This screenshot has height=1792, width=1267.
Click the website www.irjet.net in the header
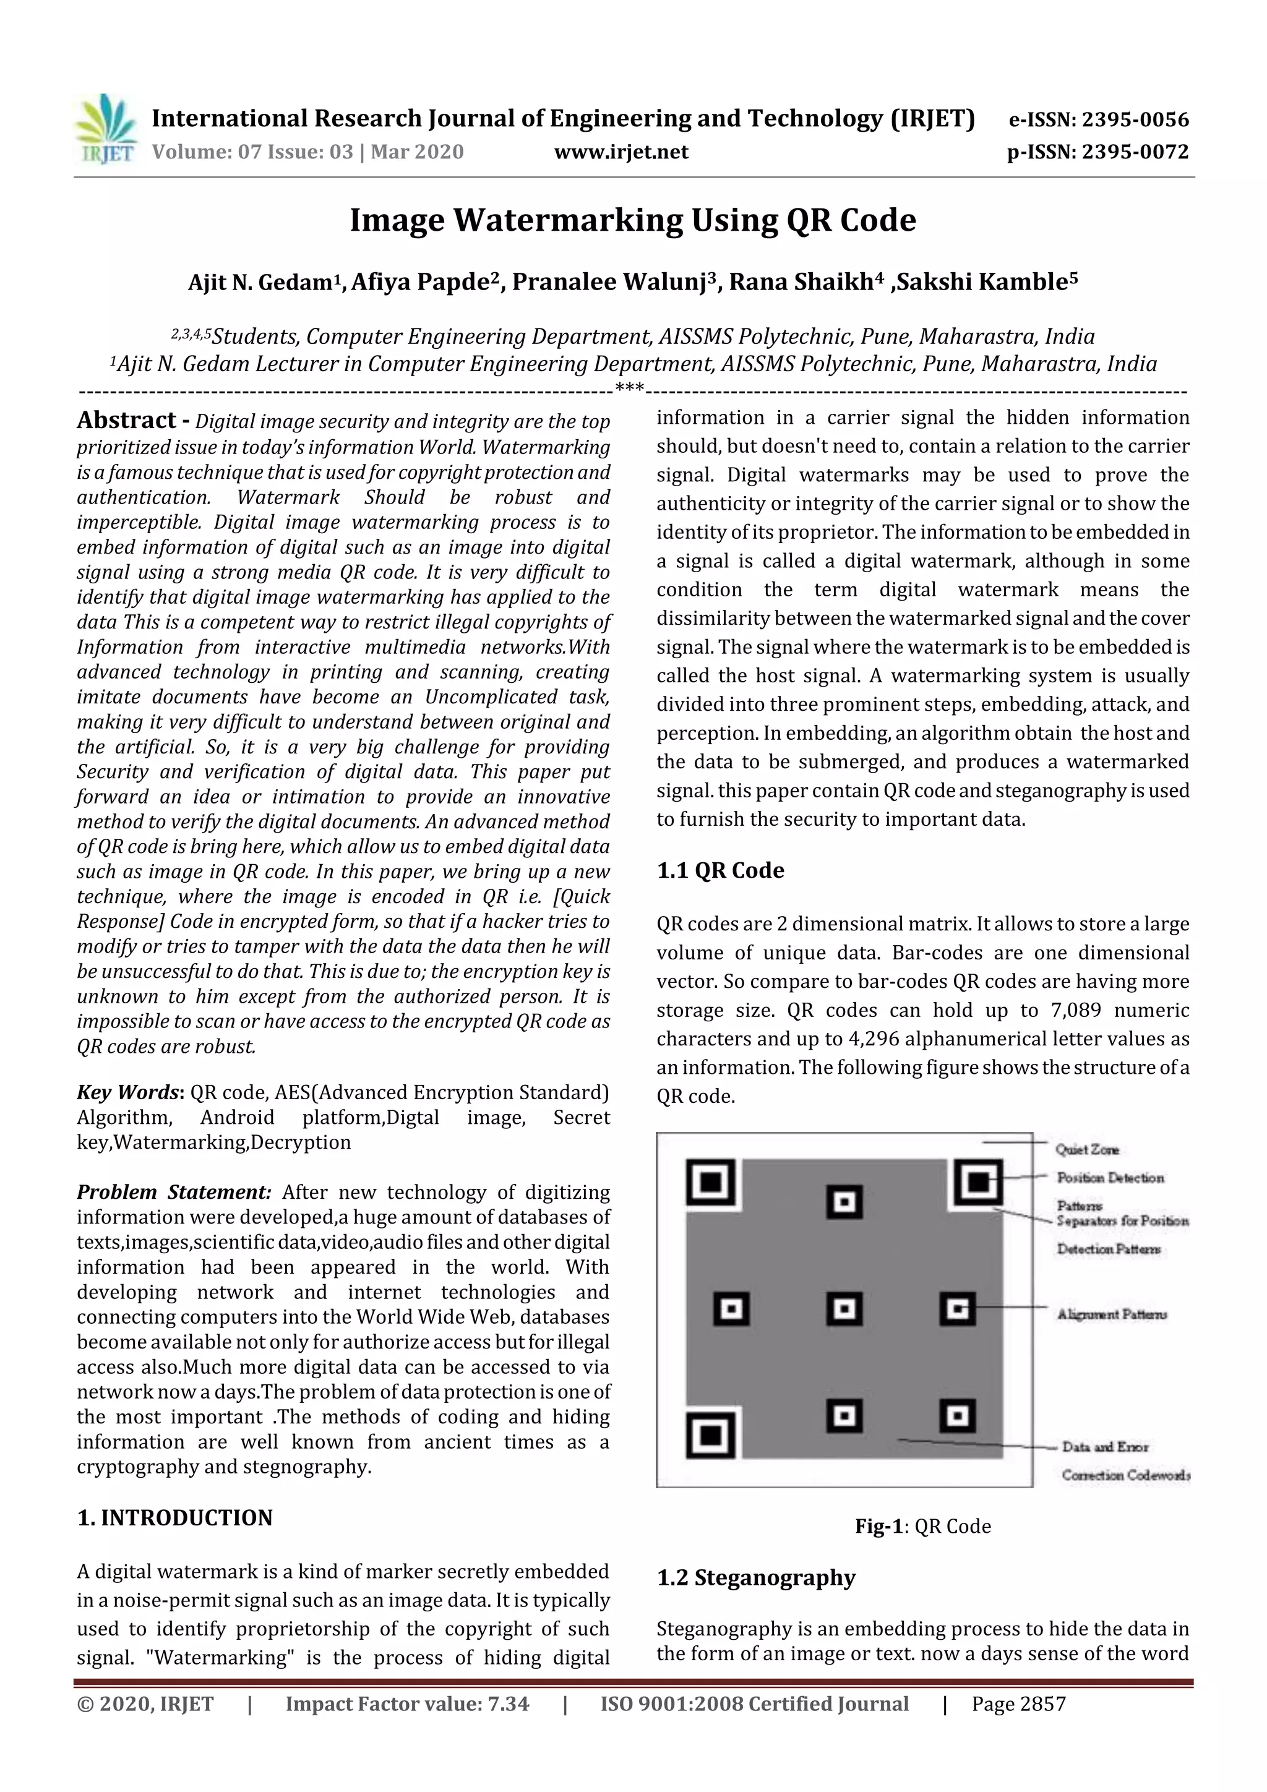pyautogui.click(x=621, y=152)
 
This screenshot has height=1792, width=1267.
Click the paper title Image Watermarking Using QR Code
pyautogui.click(x=632, y=220)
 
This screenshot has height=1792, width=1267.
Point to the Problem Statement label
pyautogui.click(x=173, y=1192)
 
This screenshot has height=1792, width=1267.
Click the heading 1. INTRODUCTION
pyautogui.click(x=175, y=1517)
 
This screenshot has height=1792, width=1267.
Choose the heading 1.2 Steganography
pyautogui.click(x=755, y=1577)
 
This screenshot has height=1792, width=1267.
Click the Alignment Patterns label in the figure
pyautogui.click(x=1112, y=1314)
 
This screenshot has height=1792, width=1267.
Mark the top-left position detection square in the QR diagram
pyautogui.click(x=710, y=1183)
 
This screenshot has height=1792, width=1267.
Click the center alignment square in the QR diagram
pyautogui.click(x=844, y=1308)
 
